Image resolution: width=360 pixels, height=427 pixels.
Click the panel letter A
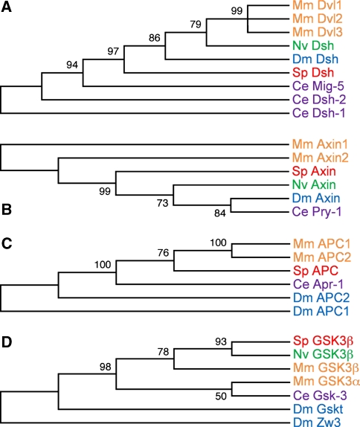(7, 7)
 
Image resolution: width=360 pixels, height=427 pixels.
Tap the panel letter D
(7, 341)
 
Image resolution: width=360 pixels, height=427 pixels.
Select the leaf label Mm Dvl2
(318, 19)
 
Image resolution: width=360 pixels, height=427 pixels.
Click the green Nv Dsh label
(313, 45)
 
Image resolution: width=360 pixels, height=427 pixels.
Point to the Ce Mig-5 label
(318, 86)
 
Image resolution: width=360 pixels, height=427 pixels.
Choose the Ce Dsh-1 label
(319, 113)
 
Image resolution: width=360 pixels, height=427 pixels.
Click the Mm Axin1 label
(321, 144)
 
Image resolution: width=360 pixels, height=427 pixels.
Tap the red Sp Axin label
(314, 171)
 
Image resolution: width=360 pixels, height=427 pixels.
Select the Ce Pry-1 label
(317, 211)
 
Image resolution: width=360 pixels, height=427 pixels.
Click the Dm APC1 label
(321, 311)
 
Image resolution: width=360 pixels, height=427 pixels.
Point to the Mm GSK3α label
(327, 381)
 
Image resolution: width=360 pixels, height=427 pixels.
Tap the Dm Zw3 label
(317, 422)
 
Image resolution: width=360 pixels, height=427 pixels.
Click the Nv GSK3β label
(324, 354)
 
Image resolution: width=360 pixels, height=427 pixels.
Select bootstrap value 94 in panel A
(72, 65)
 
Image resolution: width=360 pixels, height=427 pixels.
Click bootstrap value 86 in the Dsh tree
(155, 38)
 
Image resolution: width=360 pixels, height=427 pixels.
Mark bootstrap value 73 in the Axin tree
(163, 203)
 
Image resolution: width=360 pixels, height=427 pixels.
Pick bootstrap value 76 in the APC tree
(163, 253)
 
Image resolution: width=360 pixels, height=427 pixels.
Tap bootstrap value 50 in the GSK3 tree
(221, 396)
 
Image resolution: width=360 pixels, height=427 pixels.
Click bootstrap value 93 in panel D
(221, 341)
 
